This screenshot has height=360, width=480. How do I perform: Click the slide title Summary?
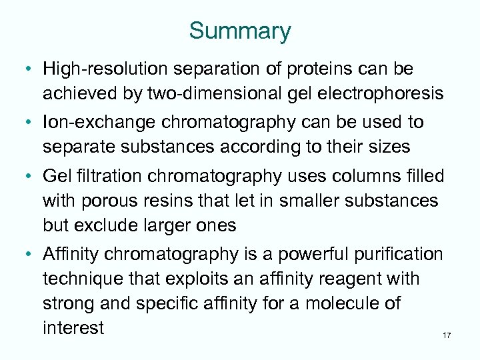[240, 31]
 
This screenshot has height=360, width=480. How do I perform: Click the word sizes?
[385, 146]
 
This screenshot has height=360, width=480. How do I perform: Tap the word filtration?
[114, 177]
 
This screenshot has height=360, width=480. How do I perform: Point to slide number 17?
[446, 335]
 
